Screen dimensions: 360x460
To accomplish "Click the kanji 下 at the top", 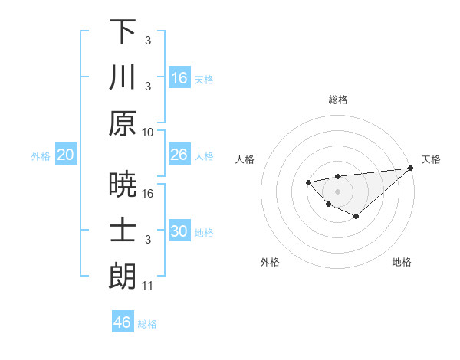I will point(123,32).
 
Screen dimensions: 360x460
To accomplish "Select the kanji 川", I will point(123,77).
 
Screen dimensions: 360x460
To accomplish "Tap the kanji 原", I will point(123,123).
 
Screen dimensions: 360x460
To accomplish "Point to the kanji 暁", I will point(123,185).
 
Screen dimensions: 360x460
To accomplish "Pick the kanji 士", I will point(123,231).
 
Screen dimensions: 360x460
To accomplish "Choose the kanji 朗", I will point(123,276).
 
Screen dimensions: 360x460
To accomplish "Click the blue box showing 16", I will point(179,78).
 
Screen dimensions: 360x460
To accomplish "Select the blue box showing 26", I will point(179,155).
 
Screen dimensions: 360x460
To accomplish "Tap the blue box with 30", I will point(179,231).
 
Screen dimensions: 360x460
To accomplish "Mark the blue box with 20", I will point(66,155).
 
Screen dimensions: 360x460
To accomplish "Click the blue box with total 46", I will point(123,322).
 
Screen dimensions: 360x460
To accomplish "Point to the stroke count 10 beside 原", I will point(148,132).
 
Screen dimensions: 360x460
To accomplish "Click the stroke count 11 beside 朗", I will point(148,286).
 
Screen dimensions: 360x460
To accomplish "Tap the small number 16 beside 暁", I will point(148,195).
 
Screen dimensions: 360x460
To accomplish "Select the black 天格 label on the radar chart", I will point(431,159).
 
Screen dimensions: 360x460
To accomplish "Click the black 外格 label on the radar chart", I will point(270,262).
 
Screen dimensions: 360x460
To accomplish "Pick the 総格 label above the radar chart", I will point(337,100).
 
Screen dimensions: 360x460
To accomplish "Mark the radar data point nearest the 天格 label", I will point(411,169).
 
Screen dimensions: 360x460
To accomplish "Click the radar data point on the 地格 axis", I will point(356,218).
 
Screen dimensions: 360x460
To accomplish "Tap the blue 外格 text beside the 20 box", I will point(41,155).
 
